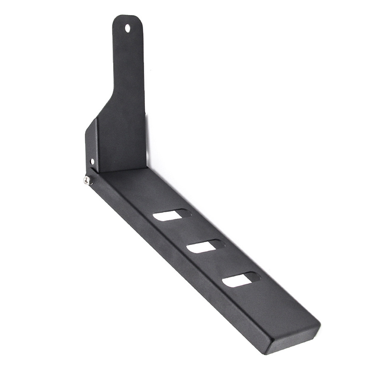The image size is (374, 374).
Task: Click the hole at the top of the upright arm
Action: [x=128, y=28]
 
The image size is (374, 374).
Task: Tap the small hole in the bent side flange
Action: [x=92, y=161]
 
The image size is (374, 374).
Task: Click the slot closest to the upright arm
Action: [x=172, y=215]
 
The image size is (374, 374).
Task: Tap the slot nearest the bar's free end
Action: [x=241, y=280]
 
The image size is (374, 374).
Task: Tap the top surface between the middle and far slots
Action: [x=224, y=264]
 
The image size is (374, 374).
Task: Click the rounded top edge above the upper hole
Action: [x=127, y=16]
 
